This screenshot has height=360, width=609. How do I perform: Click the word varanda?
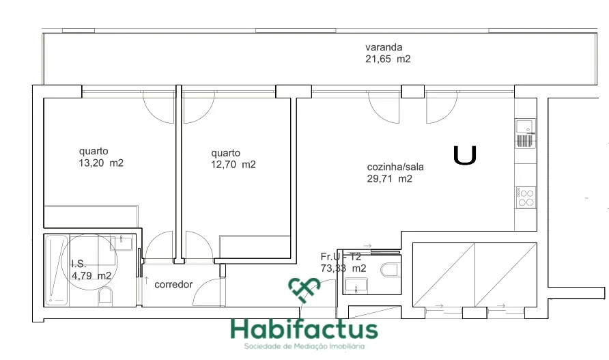tap(383, 47)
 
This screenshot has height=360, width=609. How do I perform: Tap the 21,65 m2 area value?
tap(388, 59)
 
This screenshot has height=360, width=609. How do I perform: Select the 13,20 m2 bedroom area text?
tap(101, 163)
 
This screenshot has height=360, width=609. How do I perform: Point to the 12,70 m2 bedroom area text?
tap(233, 165)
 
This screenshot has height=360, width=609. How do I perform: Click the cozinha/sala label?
tap(395, 167)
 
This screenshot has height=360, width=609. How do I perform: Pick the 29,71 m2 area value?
tap(390, 179)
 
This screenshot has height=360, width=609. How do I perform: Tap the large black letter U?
tap(465, 155)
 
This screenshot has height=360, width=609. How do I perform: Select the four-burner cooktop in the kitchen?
tap(526, 197)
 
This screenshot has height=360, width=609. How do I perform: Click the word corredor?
tap(173, 285)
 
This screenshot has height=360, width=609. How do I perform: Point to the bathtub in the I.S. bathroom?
tap(57, 271)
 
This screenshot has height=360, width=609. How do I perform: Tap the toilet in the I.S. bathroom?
tap(105, 296)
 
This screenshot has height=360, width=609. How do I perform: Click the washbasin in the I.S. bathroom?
tap(121, 243)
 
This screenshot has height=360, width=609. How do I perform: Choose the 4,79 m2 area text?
tap(91, 276)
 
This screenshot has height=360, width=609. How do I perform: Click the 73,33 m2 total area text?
tap(343, 268)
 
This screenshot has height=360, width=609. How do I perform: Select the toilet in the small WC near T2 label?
tap(390, 269)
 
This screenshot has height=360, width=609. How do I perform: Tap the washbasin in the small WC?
tap(356, 286)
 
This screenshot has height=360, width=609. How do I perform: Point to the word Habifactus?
tap(304, 330)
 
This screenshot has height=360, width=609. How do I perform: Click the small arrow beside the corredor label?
tap(146, 280)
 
